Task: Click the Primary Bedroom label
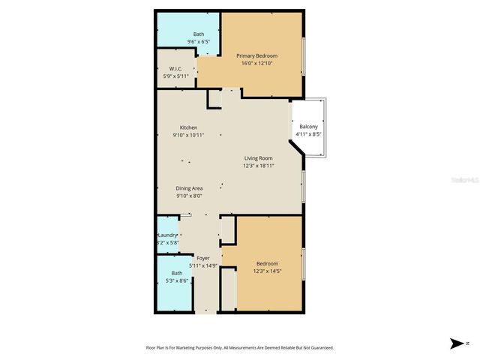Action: (256, 55)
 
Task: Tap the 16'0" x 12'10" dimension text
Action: (256, 64)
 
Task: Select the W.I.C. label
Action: (177, 68)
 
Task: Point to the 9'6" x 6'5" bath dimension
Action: (199, 42)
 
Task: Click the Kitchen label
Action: (188, 127)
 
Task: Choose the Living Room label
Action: (257, 158)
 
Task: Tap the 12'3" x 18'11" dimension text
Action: (257, 166)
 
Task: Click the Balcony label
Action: (308, 127)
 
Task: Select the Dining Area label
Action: (189, 188)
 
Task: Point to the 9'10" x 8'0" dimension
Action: (189, 196)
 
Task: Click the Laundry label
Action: (166, 235)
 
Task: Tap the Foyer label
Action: (202, 258)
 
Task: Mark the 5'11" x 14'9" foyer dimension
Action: (202, 265)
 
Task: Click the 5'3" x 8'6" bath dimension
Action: (177, 281)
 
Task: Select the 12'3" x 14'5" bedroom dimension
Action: (268, 271)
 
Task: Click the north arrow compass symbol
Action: (457, 343)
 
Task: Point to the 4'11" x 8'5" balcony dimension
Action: (308, 135)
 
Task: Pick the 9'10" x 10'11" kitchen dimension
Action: (188, 136)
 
